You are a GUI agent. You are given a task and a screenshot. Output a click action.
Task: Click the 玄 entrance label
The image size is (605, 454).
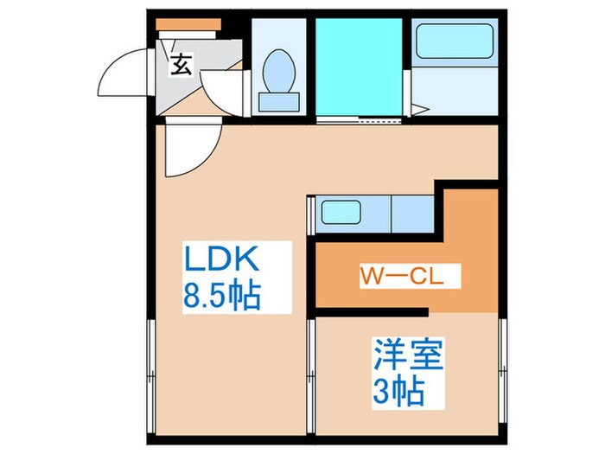click(181, 65)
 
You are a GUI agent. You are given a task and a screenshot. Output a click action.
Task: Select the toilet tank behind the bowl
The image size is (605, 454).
click(279, 102)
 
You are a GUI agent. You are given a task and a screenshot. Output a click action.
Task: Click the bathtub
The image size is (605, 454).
click(454, 41)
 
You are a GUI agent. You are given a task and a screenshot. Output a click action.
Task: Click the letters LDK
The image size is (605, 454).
click(219, 260)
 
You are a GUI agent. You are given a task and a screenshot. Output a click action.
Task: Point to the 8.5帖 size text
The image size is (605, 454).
click(221, 298)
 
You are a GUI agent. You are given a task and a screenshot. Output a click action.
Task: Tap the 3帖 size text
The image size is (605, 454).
click(398, 393)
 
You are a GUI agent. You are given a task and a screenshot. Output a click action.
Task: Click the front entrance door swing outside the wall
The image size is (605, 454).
click(121, 74)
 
